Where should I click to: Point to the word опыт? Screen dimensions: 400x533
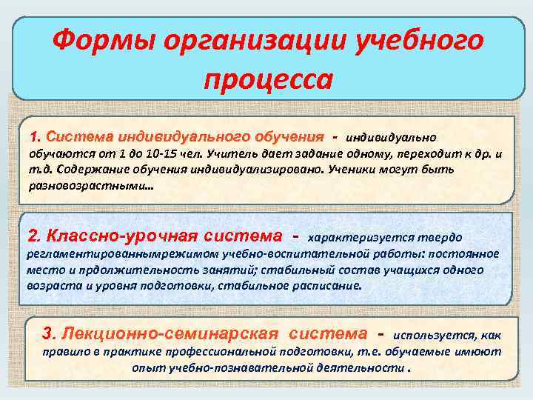[x=146, y=368]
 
